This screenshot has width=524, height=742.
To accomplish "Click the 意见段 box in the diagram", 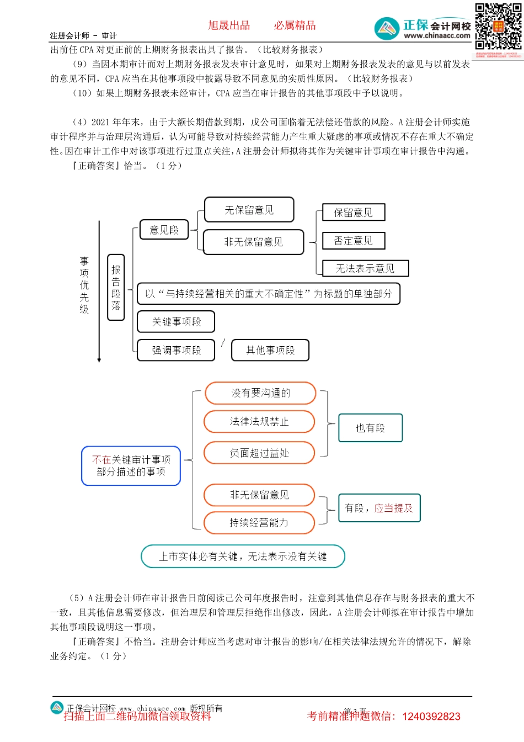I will (x=164, y=230).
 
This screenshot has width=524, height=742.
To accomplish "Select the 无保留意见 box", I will (x=249, y=210).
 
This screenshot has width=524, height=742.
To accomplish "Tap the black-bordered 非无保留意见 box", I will (x=253, y=242).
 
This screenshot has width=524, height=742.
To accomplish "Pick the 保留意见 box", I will (x=353, y=213).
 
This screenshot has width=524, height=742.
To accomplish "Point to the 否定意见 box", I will (x=353, y=241).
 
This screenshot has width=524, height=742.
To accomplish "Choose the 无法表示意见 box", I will (x=365, y=268).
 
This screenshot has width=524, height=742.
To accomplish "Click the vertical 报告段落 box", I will (x=116, y=287).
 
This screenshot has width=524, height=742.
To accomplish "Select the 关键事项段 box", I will (x=176, y=321).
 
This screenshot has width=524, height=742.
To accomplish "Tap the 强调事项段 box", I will (x=176, y=350).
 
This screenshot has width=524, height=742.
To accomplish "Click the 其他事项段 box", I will (x=270, y=350).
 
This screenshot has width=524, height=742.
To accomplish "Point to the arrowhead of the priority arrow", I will (x=99, y=360).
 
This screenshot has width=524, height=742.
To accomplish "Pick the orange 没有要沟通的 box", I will (x=260, y=393).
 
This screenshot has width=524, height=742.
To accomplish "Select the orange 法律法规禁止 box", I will (x=259, y=422).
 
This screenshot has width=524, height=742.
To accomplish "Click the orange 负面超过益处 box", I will (x=259, y=453).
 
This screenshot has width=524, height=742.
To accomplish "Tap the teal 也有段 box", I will (x=370, y=428).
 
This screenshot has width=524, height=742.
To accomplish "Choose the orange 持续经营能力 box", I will (x=259, y=523).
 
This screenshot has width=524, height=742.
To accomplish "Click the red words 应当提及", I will (x=393, y=508).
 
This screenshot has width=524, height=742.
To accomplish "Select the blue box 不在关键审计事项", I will (x=131, y=466).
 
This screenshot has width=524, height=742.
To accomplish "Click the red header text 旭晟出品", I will (x=229, y=25).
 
